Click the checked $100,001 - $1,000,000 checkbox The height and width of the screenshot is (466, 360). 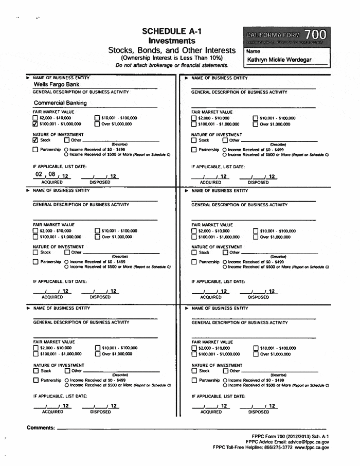(x=35, y=124)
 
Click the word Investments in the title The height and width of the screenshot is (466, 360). (x=171, y=40)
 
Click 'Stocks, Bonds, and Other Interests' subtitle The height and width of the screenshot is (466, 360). (x=171, y=50)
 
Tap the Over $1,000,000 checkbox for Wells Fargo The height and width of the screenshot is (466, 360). (x=99, y=124)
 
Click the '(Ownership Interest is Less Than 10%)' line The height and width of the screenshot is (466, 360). (x=171, y=59)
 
